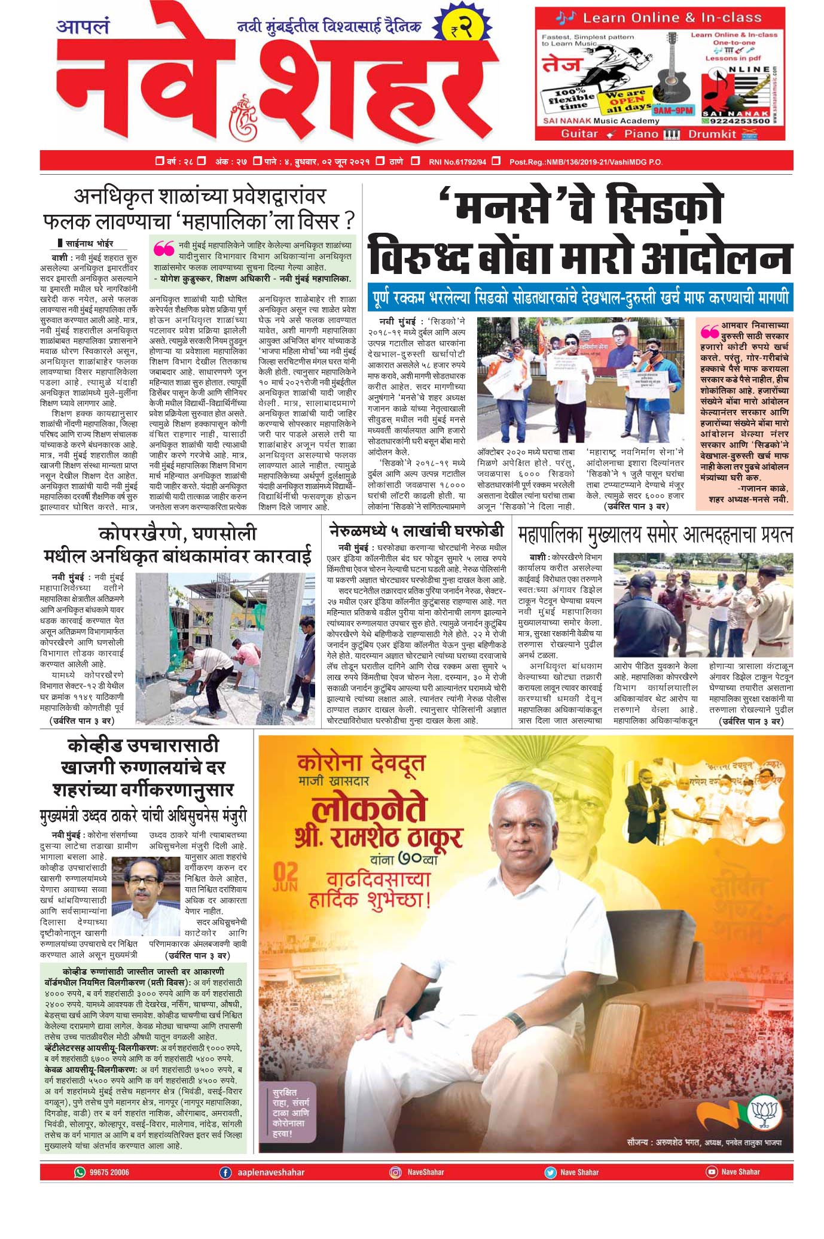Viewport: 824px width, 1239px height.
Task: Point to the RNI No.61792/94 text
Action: [x=457, y=162]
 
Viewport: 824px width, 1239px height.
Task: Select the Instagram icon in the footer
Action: [x=395, y=1172]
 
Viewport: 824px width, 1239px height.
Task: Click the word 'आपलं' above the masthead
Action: [x=83, y=28]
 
